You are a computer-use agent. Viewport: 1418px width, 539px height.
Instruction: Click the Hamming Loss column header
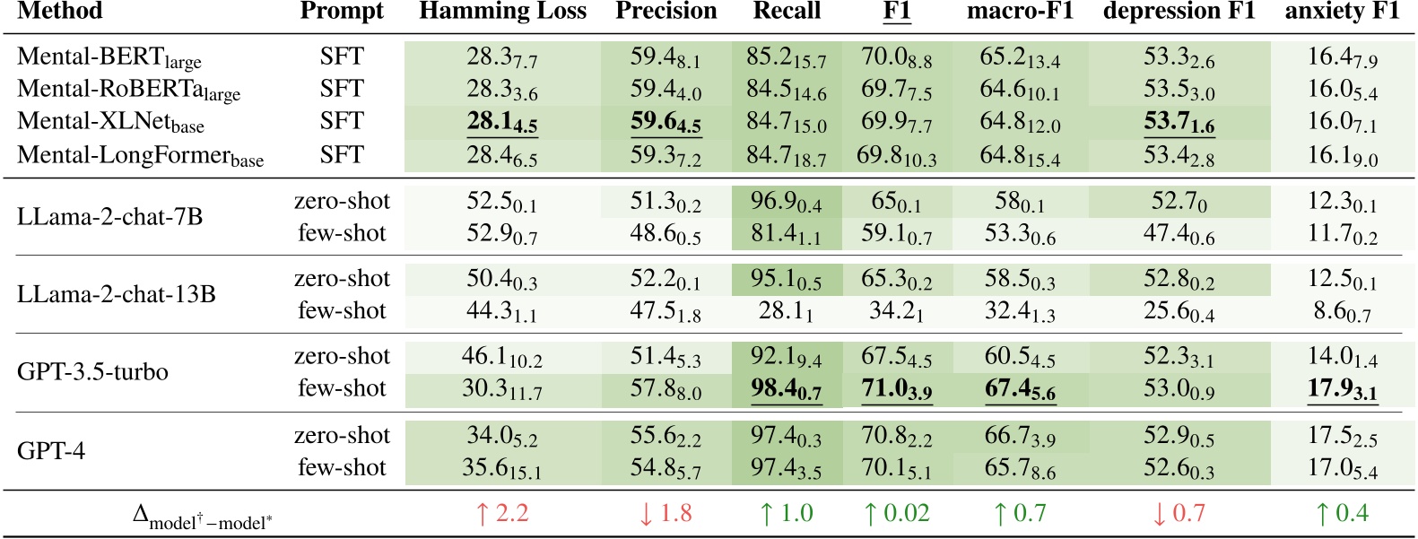[502, 12]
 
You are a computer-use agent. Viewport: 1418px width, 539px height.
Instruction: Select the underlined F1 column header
[897, 12]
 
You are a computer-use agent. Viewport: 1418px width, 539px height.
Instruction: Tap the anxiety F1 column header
[1342, 12]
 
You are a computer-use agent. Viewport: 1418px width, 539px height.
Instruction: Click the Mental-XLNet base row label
[110, 122]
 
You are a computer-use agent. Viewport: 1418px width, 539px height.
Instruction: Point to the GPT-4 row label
[51, 450]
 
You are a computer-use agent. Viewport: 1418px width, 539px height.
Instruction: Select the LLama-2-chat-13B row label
[117, 294]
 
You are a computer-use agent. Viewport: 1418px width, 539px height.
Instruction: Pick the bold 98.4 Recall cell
[787, 390]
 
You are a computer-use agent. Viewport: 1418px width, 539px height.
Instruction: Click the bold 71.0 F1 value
[897, 390]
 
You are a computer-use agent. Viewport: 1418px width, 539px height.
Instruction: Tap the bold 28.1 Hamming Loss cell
[502, 123]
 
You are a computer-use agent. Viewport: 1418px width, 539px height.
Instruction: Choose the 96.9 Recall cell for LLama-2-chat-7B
[787, 202]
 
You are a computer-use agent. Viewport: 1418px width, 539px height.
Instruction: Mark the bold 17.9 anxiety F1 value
[1342, 390]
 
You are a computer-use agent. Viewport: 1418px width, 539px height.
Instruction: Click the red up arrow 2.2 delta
[502, 513]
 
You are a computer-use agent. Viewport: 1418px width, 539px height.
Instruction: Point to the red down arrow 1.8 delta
[665, 513]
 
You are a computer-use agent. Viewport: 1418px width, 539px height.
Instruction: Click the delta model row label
[202, 517]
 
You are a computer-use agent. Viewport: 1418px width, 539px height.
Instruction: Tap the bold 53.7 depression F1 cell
[1179, 123]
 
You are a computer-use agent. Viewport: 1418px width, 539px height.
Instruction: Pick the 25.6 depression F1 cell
[1179, 311]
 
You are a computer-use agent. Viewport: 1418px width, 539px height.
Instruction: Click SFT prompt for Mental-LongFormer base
[342, 155]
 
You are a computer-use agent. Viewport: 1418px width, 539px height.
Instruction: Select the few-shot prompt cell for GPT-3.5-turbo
[342, 388]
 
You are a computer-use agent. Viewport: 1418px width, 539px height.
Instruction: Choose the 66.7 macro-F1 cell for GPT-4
[1020, 437]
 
